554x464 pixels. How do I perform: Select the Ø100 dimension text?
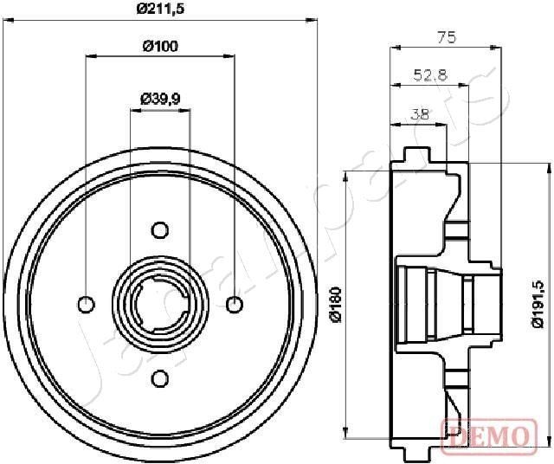pyautogui.click(x=160, y=46)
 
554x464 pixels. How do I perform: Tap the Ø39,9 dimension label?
pyautogui.click(x=160, y=99)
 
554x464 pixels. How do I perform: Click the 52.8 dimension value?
pyautogui.click(x=429, y=75)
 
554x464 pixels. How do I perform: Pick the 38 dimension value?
pyautogui.click(x=419, y=113)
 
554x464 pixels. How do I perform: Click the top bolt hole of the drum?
pyautogui.click(x=159, y=229)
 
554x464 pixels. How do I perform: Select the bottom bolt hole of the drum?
pyautogui.click(x=159, y=378)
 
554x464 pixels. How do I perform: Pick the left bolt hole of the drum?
pyautogui.click(x=86, y=304)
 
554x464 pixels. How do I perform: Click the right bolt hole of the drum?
pyautogui.click(x=234, y=304)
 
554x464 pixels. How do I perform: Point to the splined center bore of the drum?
pyautogui.click(x=159, y=304)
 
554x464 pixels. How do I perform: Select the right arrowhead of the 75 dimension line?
pyautogui.click(x=499, y=48)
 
